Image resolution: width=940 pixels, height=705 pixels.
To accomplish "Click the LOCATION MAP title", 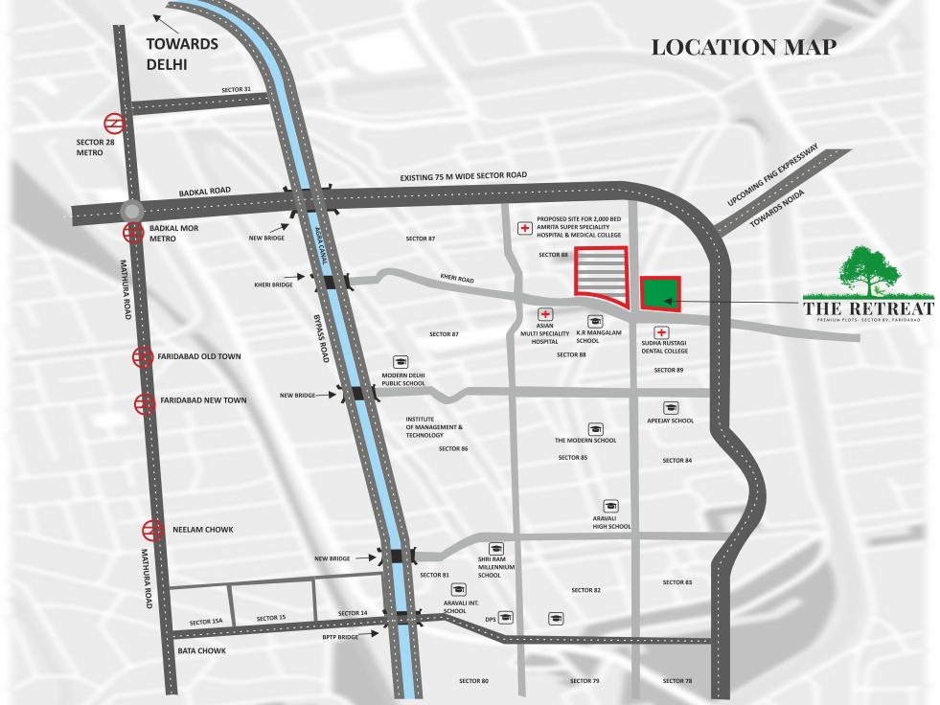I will pyautogui.click(x=744, y=47).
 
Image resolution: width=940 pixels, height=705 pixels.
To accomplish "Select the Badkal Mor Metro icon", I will pyautogui.click(x=132, y=232).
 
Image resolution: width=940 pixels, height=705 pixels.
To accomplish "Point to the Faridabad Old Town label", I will pyautogui.click(x=200, y=356).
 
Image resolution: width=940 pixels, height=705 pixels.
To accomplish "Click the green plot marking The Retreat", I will pyautogui.click(x=660, y=293).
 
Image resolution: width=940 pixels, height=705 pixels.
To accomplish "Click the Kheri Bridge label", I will pyautogui.click(x=274, y=285).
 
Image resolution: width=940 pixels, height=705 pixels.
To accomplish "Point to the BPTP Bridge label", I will pyautogui.click(x=340, y=636).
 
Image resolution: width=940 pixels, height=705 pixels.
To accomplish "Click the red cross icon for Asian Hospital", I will pyautogui.click(x=545, y=313).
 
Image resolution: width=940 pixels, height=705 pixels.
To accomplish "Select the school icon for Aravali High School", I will pyautogui.click(x=610, y=506).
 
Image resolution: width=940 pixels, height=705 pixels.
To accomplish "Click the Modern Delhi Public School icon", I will pyautogui.click(x=401, y=362).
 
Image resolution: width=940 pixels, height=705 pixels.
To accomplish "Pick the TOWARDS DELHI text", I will pyautogui.click(x=182, y=54).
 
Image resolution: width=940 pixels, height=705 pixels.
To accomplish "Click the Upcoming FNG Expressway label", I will pyautogui.click(x=771, y=178).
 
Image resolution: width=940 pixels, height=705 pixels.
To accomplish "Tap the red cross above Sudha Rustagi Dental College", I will pyautogui.click(x=661, y=331).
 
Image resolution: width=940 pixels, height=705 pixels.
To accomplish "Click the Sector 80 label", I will pyautogui.click(x=473, y=681).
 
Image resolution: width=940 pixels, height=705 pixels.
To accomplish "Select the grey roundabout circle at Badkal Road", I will pyautogui.click(x=132, y=212).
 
